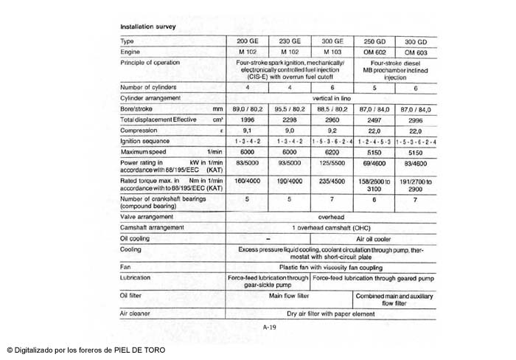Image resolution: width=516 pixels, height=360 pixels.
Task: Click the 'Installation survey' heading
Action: click(x=148, y=27)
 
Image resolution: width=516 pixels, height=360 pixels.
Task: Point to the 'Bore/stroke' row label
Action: click(x=136, y=108)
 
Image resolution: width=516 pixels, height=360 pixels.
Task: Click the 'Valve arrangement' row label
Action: click(x=147, y=217)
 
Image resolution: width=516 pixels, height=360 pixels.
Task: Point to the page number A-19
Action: click(x=270, y=326)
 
